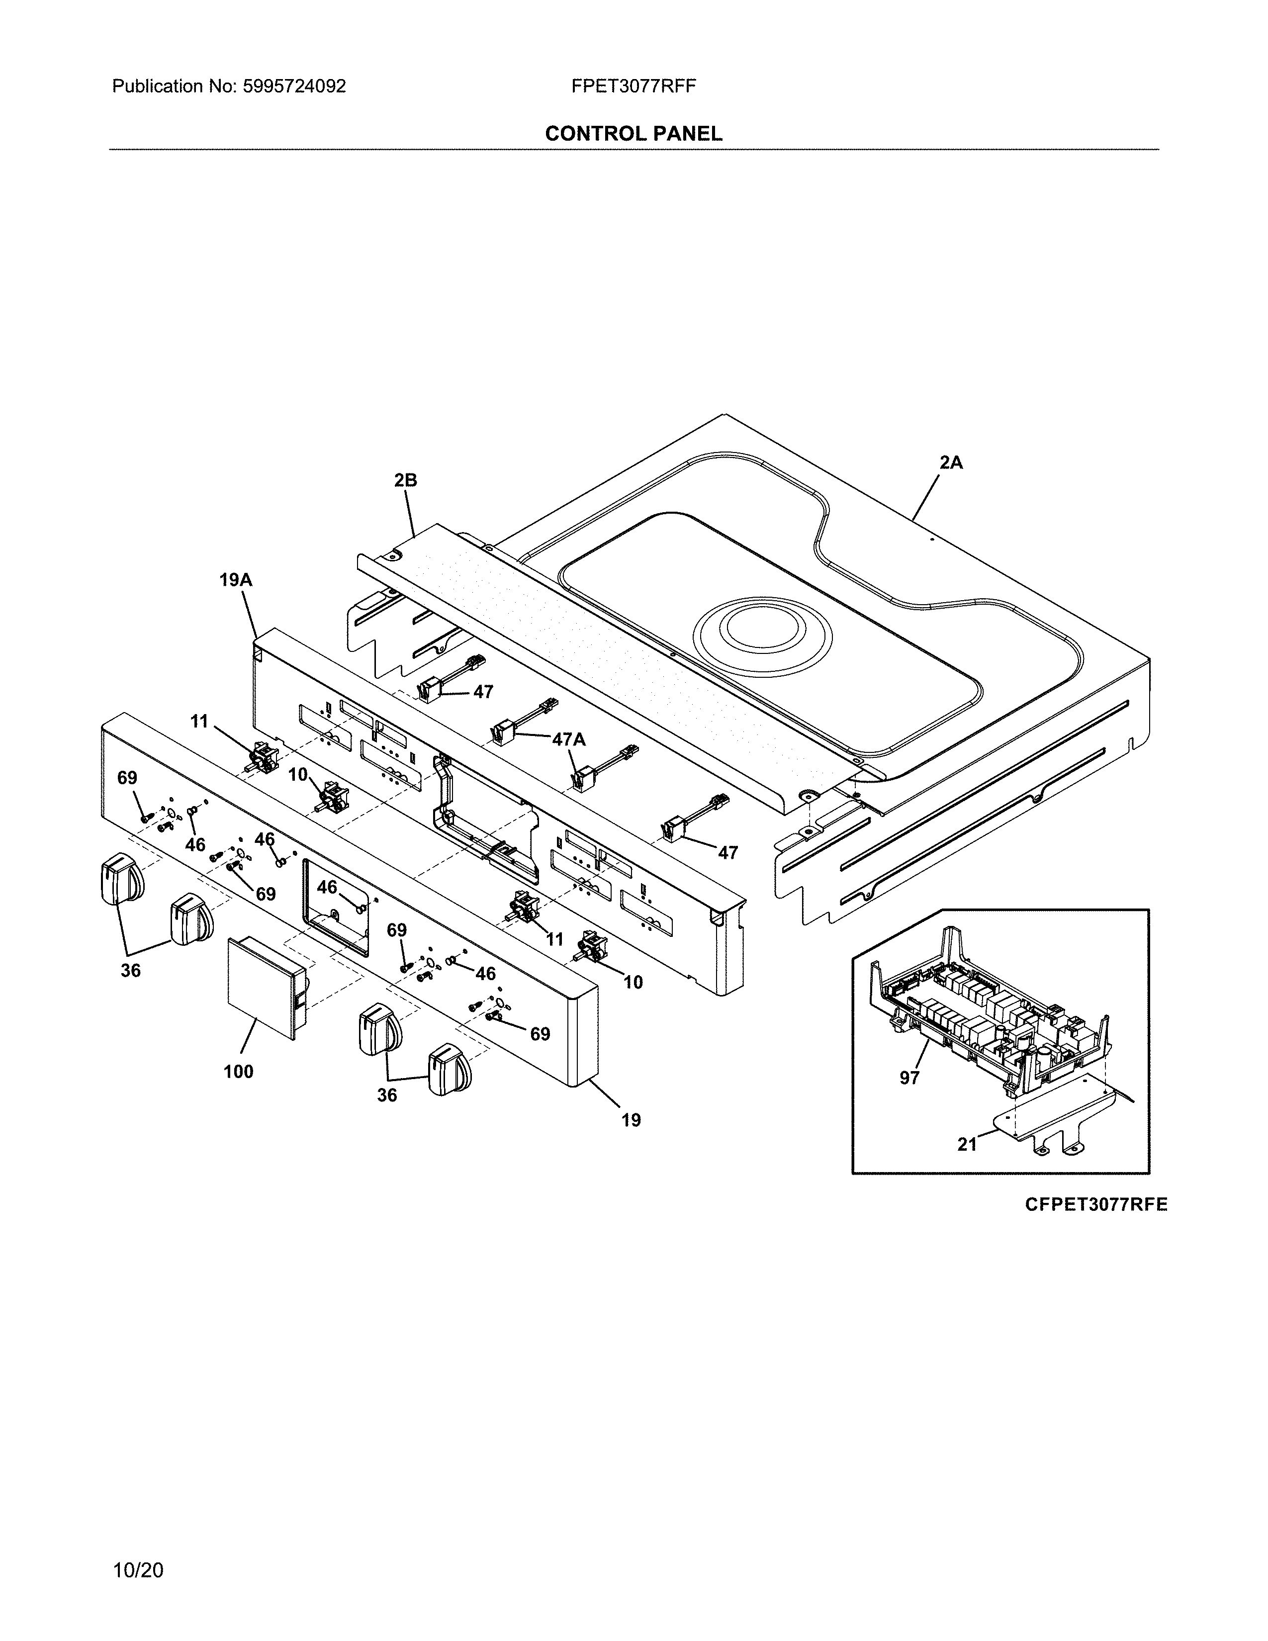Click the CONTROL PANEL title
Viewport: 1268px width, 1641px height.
coord(633,134)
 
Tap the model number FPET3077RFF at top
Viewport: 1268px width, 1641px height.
coord(633,87)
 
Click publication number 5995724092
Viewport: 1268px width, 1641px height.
coord(294,87)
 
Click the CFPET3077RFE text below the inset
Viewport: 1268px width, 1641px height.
coord(1096,1204)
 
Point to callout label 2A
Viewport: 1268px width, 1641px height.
coord(951,463)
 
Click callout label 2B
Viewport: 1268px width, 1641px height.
coord(406,480)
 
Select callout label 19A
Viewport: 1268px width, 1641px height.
coord(235,579)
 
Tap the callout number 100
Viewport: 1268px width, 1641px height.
coord(238,1072)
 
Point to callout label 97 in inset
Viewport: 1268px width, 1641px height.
coord(909,1078)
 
